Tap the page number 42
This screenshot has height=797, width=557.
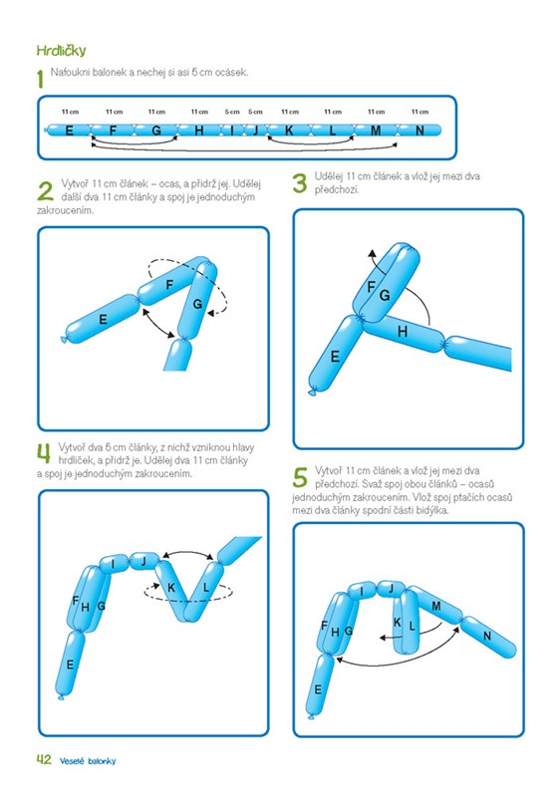coord(44,759)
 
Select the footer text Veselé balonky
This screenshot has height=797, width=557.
coord(88,761)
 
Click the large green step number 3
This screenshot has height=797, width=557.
coord(300,183)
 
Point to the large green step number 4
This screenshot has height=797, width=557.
coord(44,454)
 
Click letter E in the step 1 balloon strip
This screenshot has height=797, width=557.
coord(69,131)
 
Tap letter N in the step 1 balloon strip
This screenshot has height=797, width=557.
coord(419,131)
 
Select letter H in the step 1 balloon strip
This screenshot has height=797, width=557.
coord(199,131)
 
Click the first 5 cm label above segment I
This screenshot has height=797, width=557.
coord(232,112)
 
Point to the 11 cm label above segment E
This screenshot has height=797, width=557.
coord(70,112)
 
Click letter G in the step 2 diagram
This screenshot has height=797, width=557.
coord(197,304)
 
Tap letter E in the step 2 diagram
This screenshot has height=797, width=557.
coord(104,319)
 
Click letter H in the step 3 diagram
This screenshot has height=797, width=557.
coord(403,332)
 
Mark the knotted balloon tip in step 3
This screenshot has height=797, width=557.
coord(312,392)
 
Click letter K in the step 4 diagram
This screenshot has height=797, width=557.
coord(171,588)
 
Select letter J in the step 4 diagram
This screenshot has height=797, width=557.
coord(143,562)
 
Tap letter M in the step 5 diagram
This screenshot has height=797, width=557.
coord(436,606)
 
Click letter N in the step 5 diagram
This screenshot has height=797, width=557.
coord(487,636)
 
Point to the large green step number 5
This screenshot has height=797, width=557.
coord(300,478)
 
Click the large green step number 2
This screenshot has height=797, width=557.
coord(45,191)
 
